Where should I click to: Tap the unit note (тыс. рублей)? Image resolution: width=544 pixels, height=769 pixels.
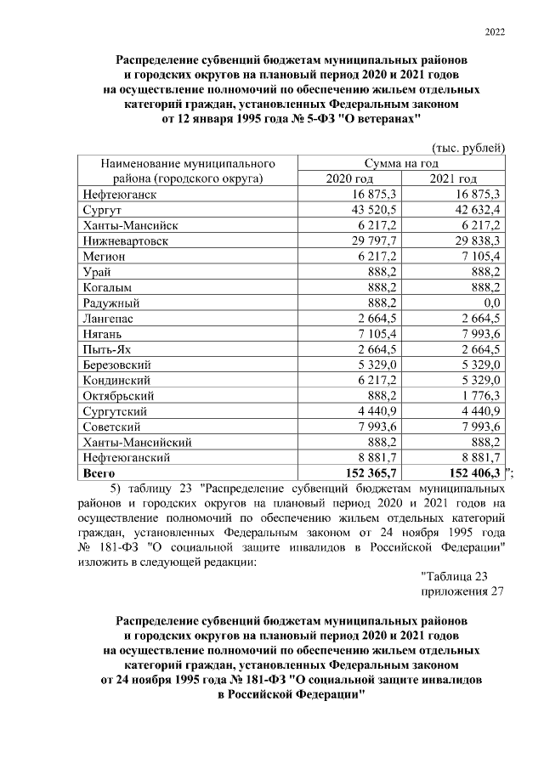point(469,147)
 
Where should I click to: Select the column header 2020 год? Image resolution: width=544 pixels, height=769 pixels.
point(349,178)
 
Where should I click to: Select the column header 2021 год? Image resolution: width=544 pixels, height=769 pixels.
point(455,178)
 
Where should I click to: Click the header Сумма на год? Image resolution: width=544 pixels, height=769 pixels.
point(401,162)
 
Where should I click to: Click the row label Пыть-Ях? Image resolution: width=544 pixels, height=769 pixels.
point(106,348)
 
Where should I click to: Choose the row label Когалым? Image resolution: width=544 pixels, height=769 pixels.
point(109,287)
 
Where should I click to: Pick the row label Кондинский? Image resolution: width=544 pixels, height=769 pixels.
point(116,380)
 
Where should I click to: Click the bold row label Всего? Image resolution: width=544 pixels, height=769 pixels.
point(100,472)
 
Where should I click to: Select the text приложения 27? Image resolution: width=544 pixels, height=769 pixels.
point(463,592)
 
